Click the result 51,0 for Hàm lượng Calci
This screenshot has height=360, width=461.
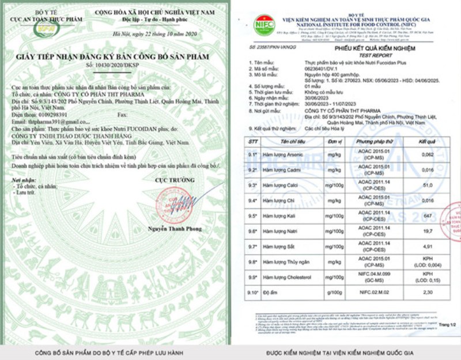[428, 186]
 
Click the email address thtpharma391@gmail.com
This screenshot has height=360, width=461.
[49, 121]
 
